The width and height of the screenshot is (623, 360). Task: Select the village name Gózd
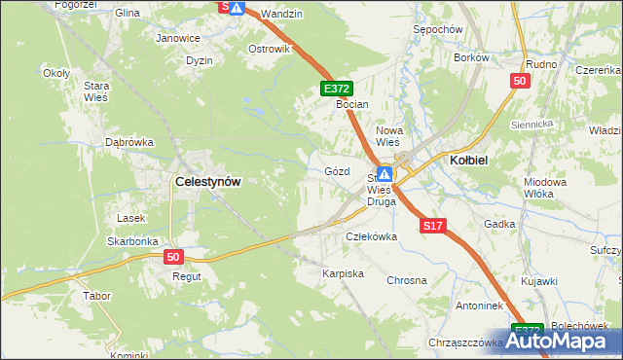click(336, 171)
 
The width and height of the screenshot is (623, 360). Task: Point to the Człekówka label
click(372, 236)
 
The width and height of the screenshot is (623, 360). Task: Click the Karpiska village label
click(343, 274)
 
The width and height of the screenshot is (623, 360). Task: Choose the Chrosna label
click(407, 280)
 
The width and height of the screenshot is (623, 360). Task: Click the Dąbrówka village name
click(129, 142)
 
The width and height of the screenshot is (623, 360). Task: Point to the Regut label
click(186, 276)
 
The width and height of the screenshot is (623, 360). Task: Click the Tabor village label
click(96, 295)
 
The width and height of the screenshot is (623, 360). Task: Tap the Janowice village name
click(178, 39)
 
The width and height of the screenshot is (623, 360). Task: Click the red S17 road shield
click(433, 226)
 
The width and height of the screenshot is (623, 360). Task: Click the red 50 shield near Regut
click(173, 257)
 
